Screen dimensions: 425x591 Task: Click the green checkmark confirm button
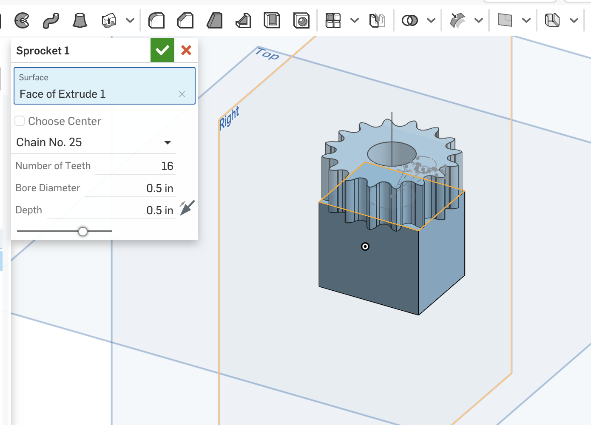point(162,50)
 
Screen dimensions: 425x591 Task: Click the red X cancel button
point(186,50)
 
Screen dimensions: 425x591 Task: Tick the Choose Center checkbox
point(20,121)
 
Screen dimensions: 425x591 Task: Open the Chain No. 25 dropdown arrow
point(168,142)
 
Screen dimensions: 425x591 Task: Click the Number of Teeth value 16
point(167,166)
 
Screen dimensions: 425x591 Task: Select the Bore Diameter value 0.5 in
point(159,188)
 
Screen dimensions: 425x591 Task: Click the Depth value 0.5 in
point(159,210)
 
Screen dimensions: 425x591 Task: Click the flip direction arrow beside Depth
point(187,208)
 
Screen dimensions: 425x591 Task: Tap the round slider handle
point(83,231)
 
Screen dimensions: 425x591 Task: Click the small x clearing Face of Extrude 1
point(182,94)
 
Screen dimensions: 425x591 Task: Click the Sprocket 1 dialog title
point(43,51)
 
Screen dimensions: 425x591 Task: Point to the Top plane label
point(267,54)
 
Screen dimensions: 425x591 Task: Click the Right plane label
point(229,118)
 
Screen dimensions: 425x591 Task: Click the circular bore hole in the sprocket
point(392,154)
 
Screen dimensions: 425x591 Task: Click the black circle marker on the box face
point(365,246)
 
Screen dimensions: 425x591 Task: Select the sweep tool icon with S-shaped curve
point(51,20)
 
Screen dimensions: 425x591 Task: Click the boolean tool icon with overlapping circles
point(410,20)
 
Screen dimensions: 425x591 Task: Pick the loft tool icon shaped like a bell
point(80,20)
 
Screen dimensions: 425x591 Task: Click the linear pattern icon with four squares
point(333,20)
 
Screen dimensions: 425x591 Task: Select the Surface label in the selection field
point(34,77)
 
